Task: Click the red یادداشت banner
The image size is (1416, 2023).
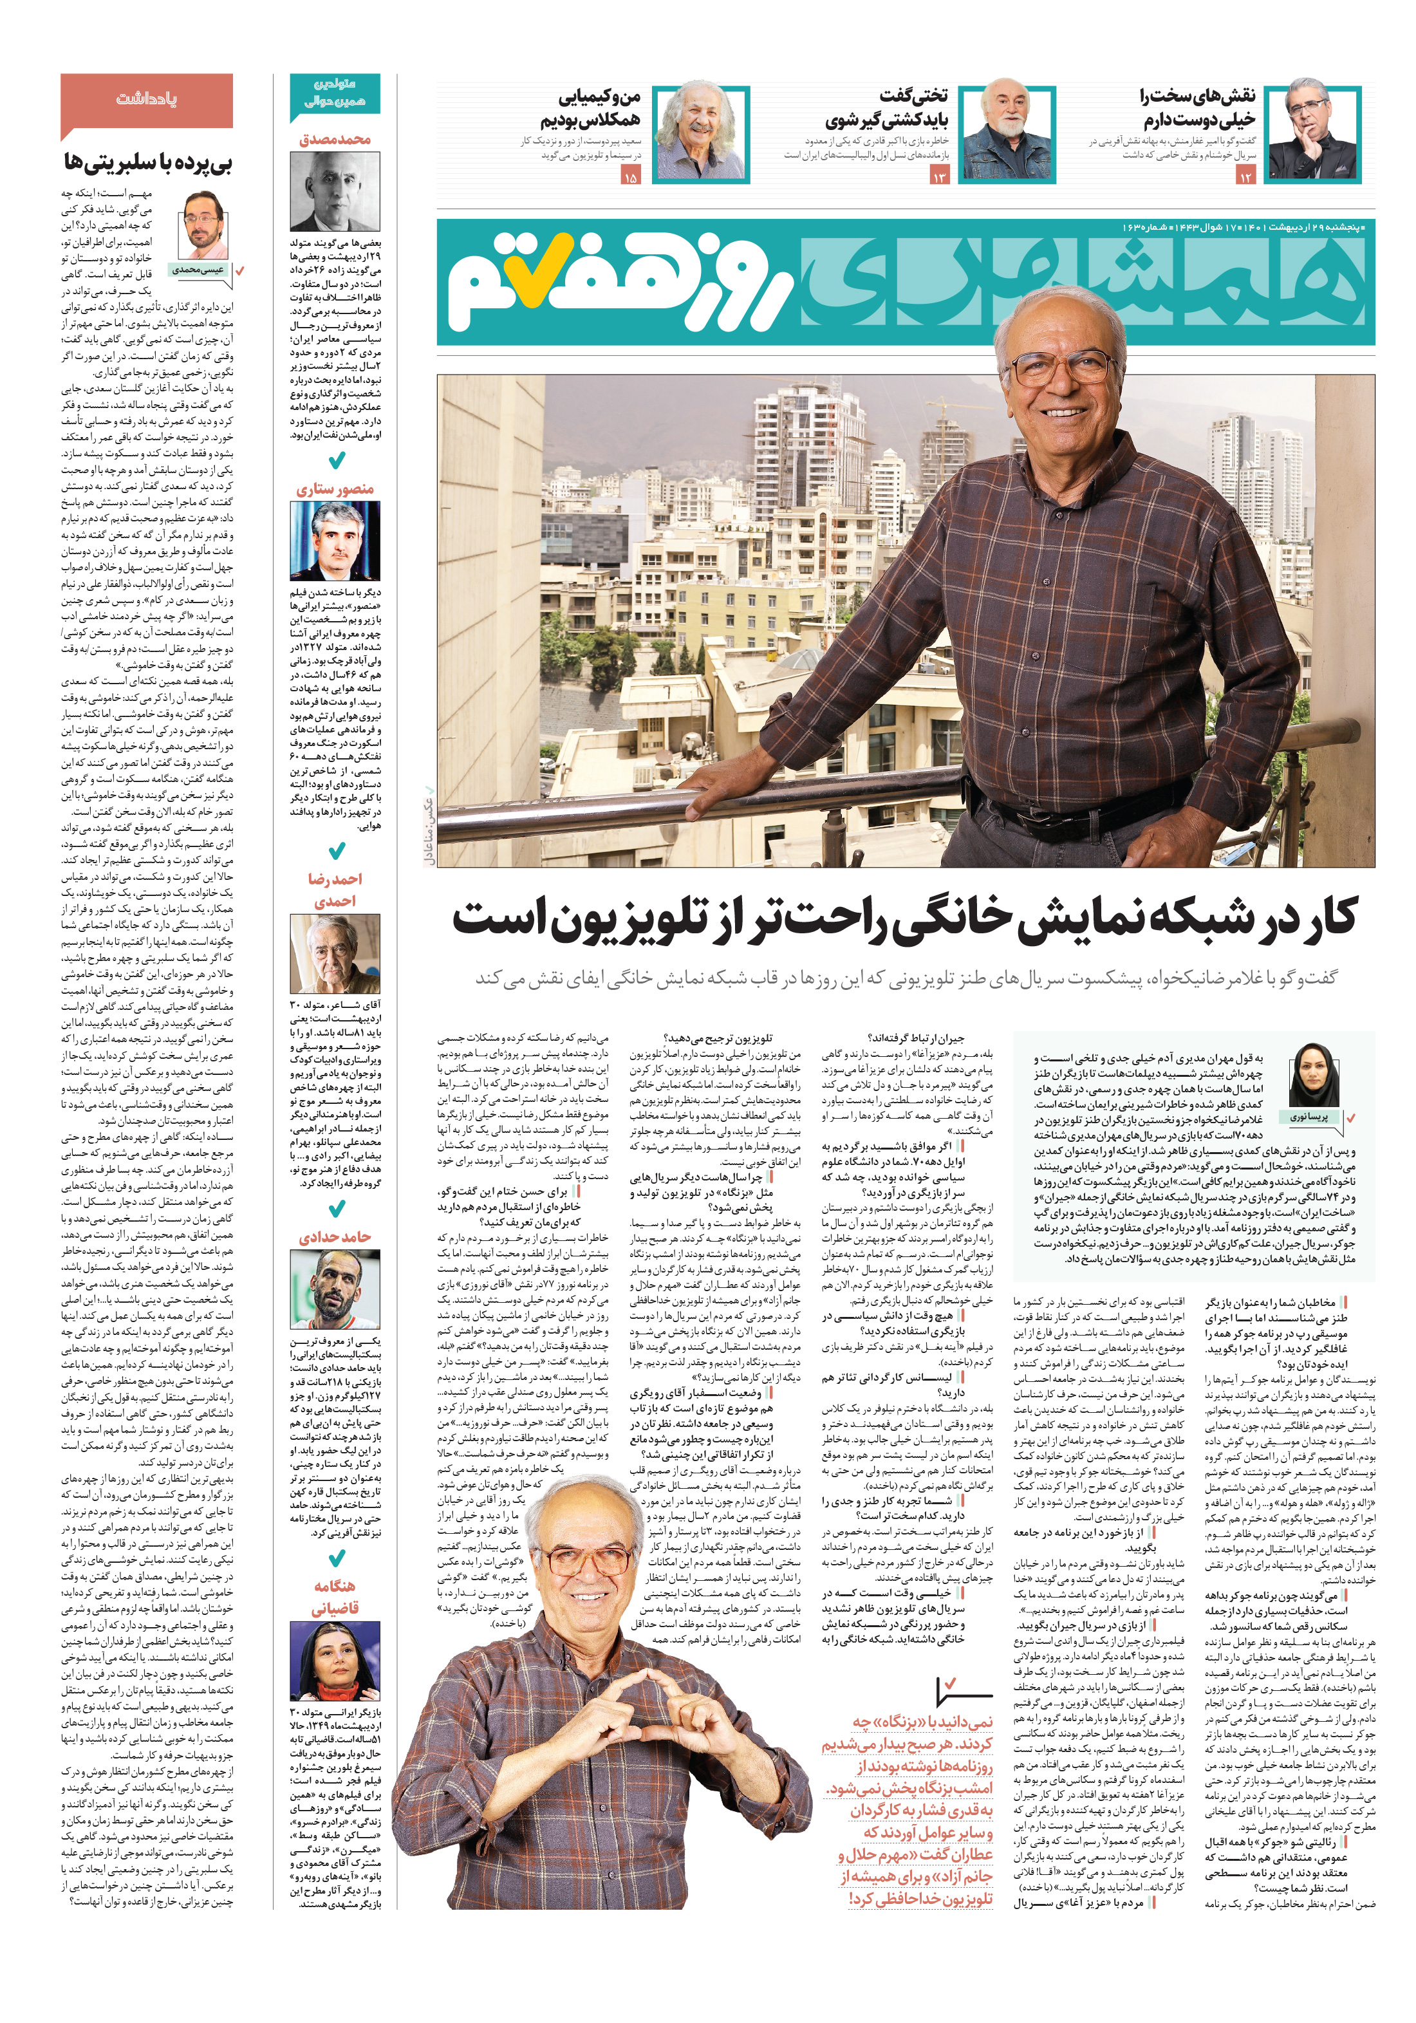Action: [146, 100]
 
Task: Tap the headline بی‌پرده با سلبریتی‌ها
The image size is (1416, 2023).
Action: [148, 162]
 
